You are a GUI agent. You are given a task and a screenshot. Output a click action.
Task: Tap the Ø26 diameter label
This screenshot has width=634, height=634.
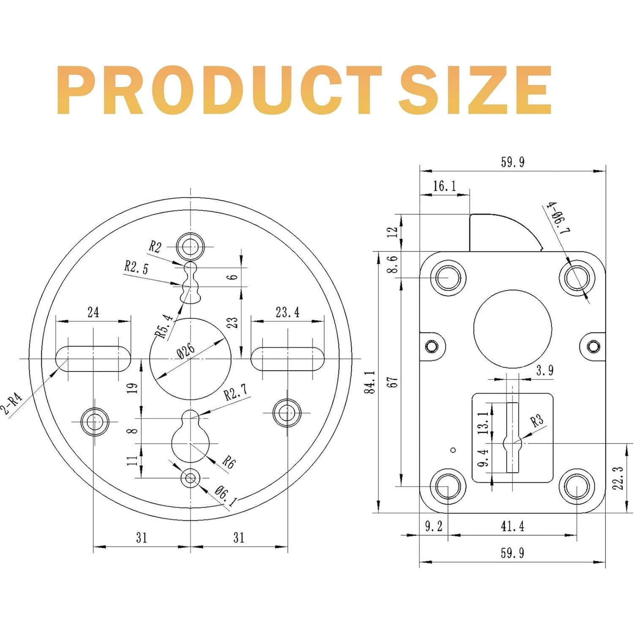(x=186, y=350)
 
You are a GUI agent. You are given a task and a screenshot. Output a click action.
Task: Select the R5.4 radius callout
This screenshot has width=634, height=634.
(x=165, y=325)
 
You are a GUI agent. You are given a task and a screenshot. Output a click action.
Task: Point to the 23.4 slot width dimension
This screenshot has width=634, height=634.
(x=287, y=312)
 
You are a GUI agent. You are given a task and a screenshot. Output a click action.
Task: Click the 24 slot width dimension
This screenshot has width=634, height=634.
(x=93, y=312)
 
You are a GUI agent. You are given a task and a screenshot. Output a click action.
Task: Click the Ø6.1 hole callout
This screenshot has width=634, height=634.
(x=226, y=496)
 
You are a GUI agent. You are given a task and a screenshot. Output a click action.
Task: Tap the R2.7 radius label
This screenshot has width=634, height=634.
(x=235, y=393)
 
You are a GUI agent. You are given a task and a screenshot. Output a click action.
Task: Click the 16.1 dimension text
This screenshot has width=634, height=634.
(x=444, y=186)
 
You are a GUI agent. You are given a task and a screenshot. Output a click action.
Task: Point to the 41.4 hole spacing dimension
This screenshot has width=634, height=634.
(x=512, y=526)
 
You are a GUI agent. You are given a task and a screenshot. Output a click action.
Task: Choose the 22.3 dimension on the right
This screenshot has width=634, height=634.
(x=618, y=478)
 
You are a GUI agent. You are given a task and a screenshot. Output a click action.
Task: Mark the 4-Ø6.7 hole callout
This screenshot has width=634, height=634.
(x=558, y=218)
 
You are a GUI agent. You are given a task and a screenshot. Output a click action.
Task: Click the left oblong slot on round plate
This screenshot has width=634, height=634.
(x=93, y=359)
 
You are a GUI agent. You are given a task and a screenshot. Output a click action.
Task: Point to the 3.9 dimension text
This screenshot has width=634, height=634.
(x=544, y=371)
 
